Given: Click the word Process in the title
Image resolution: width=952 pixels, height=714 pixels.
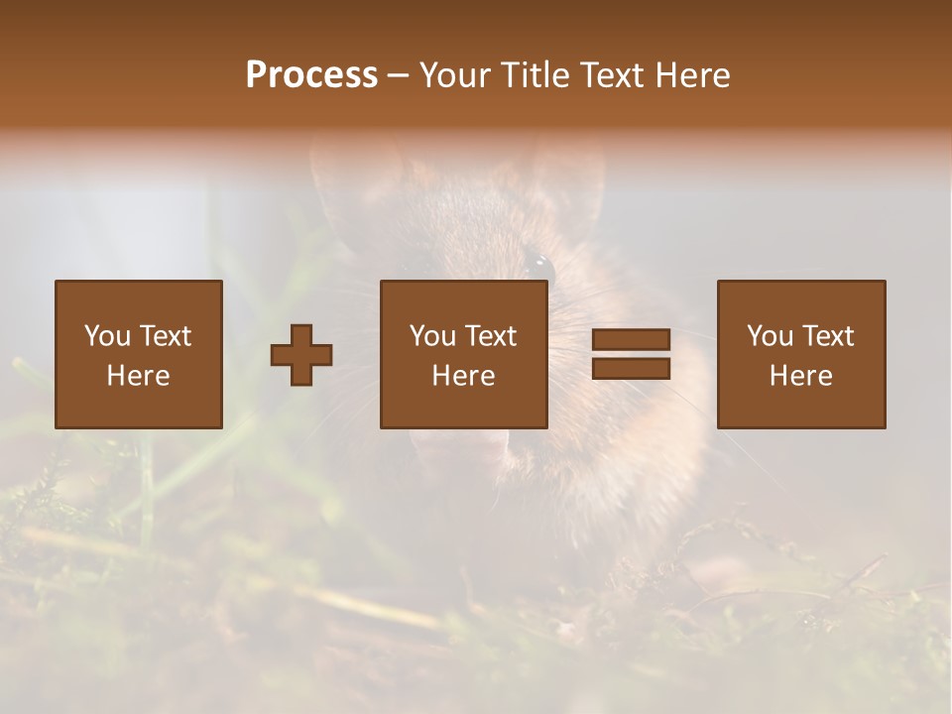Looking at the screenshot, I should [311, 75].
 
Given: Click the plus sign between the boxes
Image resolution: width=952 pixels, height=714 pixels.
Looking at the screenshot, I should [301, 355].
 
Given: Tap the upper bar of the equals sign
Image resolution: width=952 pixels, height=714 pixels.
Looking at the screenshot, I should [631, 340].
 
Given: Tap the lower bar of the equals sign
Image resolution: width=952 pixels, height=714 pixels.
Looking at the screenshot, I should [631, 369].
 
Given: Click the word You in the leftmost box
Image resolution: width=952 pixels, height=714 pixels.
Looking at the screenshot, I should [107, 336].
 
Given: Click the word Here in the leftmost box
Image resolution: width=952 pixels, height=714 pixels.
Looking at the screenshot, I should [139, 376].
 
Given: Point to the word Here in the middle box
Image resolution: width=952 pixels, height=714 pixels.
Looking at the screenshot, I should [464, 376].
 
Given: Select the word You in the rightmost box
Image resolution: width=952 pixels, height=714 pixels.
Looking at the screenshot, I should [770, 336].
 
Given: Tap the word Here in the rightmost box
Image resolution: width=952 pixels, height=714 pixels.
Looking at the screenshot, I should [801, 376].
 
